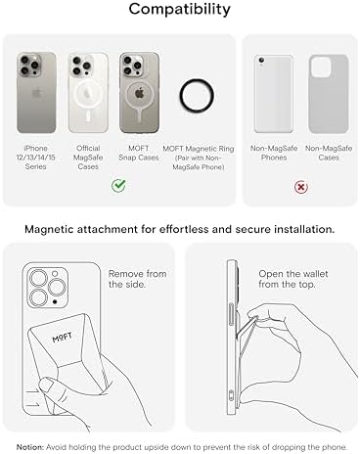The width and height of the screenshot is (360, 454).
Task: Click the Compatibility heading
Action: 180,12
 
